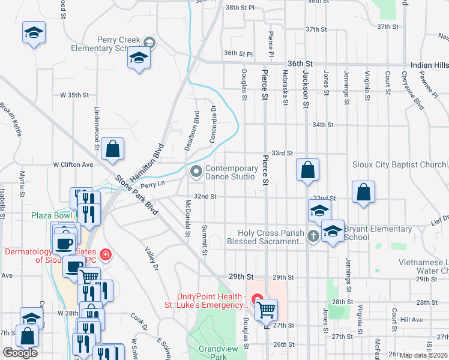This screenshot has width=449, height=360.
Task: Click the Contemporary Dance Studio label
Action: coord(231,173)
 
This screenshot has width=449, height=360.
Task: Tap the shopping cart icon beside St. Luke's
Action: coord(266,310)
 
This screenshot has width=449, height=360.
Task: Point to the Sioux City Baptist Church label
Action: coord(399,164)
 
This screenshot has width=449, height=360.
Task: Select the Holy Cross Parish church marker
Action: coord(313,236)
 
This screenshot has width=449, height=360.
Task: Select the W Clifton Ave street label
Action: coord(73,164)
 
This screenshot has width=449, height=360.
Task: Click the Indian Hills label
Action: coord(430,64)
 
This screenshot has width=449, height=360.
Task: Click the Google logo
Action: coord(20,353)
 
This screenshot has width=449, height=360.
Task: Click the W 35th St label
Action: coord(74,95)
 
